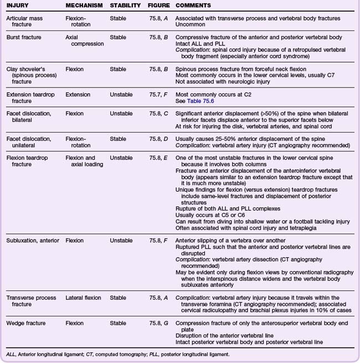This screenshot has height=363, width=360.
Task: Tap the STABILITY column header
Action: pos(125,5)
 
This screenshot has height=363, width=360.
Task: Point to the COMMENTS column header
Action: pos(193,5)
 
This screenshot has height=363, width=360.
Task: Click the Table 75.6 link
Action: pos(200,102)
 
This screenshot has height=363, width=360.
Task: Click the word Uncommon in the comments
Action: pos(190,25)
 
